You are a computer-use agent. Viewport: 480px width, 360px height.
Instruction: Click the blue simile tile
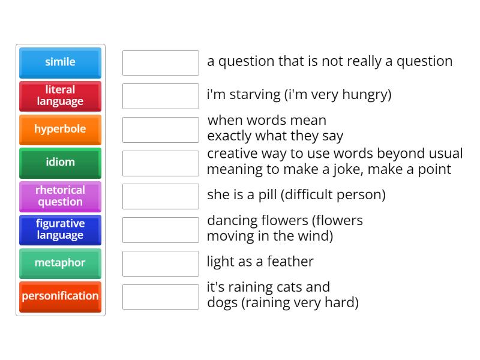pyautogui.click(x=60, y=62)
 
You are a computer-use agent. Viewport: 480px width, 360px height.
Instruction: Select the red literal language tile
pyautogui.click(x=60, y=96)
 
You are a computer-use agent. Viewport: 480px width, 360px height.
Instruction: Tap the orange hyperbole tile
pyautogui.click(x=60, y=130)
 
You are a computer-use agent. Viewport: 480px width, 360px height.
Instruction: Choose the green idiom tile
pyautogui.click(x=60, y=163)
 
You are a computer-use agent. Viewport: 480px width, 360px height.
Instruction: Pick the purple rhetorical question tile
pyautogui.click(x=60, y=196)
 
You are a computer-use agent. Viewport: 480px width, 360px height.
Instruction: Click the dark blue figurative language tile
pyautogui.click(x=60, y=230)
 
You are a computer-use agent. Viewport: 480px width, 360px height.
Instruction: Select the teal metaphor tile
pyautogui.click(x=60, y=263)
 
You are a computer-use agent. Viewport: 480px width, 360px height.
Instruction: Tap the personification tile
pyautogui.click(x=60, y=296)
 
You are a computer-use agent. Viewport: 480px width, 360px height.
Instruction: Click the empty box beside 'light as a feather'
pyautogui.click(x=160, y=263)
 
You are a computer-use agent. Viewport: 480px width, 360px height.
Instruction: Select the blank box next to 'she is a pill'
pyautogui.click(x=160, y=196)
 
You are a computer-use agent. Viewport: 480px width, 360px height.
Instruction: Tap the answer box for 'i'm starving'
pyautogui.click(x=160, y=96)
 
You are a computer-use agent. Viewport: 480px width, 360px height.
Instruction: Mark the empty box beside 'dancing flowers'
pyautogui.click(x=160, y=230)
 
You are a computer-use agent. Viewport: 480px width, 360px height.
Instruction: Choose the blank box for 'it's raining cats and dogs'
pyautogui.click(x=160, y=296)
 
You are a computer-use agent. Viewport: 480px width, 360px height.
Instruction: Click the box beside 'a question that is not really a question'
pyautogui.click(x=160, y=62)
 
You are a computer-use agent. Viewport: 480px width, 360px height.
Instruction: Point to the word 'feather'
pyautogui.click(x=291, y=262)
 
